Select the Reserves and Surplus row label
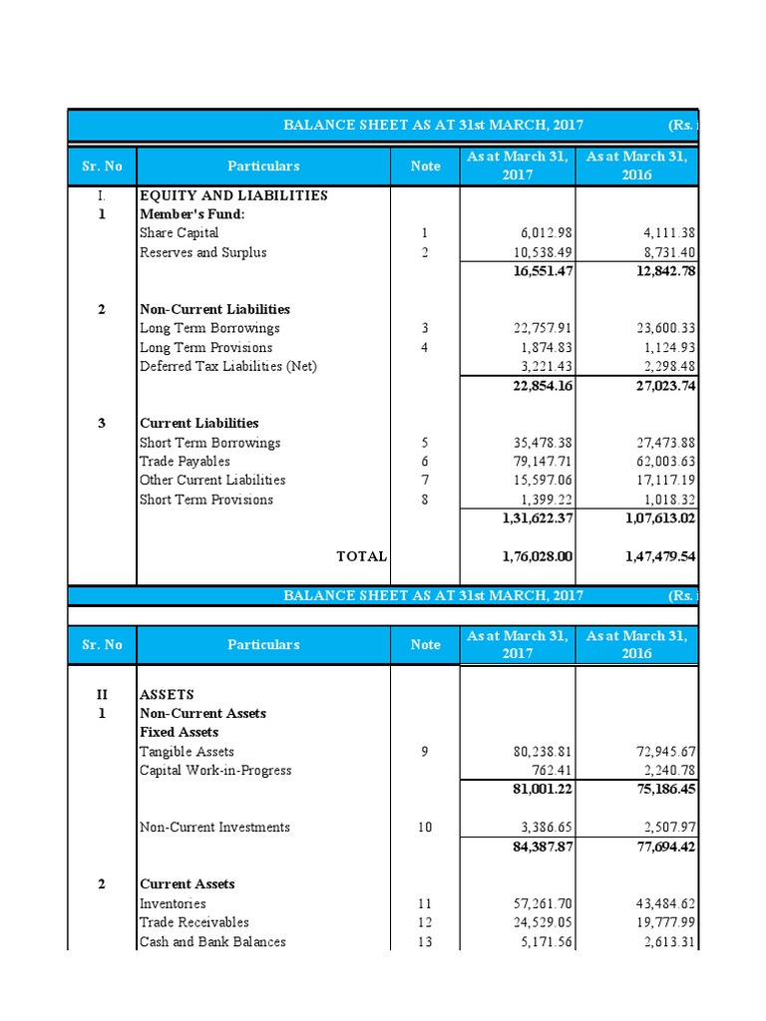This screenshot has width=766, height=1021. click(x=202, y=252)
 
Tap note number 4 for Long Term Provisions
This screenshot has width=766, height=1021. click(x=424, y=348)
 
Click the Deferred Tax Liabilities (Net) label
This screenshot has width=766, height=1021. click(x=227, y=366)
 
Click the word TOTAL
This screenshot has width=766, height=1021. click(x=361, y=556)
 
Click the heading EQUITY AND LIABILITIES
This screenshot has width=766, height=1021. click(x=233, y=195)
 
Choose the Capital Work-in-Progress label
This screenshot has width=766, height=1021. click(x=215, y=771)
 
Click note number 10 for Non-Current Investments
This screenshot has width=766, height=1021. click(x=424, y=828)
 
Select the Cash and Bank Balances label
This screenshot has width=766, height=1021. click(x=212, y=941)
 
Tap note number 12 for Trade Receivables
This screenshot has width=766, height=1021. click(x=424, y=922)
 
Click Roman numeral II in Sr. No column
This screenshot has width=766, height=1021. click(x=101, y=694)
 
